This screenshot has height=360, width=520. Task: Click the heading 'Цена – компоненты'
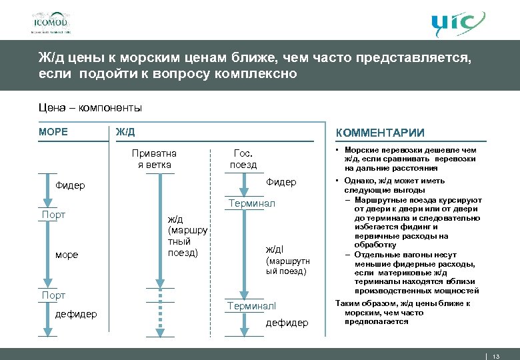point(90,108)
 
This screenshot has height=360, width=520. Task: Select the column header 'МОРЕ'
point(53,132)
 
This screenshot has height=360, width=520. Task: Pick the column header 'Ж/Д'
point(125,132)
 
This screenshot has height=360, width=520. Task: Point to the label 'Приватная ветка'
point(154,159)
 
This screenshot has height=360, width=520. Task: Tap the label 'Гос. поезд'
point(243,159)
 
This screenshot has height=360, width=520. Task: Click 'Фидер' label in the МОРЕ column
point(71,185)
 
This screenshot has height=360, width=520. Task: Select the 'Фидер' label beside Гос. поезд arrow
point(281,182)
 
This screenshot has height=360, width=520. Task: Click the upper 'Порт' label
point(53,215)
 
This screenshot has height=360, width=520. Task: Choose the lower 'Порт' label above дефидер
point(53,295)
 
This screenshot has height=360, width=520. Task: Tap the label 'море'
point(67,255)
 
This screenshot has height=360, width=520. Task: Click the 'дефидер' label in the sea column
point(76,314)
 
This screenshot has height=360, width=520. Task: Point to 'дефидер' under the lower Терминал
point(287,323)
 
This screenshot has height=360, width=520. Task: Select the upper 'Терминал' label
point(251,203)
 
